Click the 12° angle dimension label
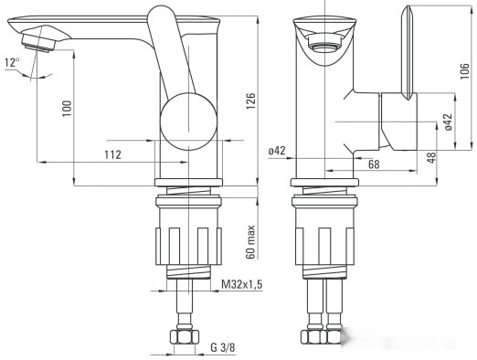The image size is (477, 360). (11, 63)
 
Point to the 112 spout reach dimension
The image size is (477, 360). (111, 154)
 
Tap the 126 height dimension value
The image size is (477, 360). (251, 101)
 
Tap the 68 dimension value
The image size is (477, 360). (348, 164)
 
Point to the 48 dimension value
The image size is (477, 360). (431, 158)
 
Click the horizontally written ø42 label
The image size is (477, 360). (278, 151)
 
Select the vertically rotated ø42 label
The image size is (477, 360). (448, 122)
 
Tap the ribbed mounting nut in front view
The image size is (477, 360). (324, 243)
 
